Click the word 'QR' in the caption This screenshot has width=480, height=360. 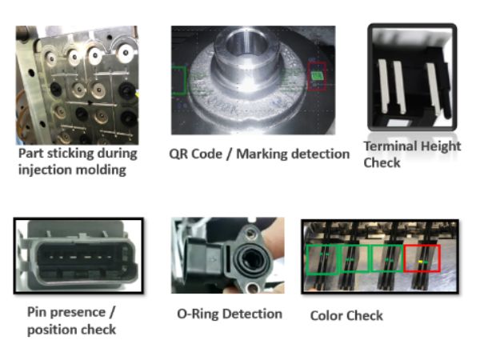tap(178, 154)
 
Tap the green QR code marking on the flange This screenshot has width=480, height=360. tap(316, 76)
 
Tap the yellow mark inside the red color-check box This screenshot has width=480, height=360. tap(420, 262)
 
